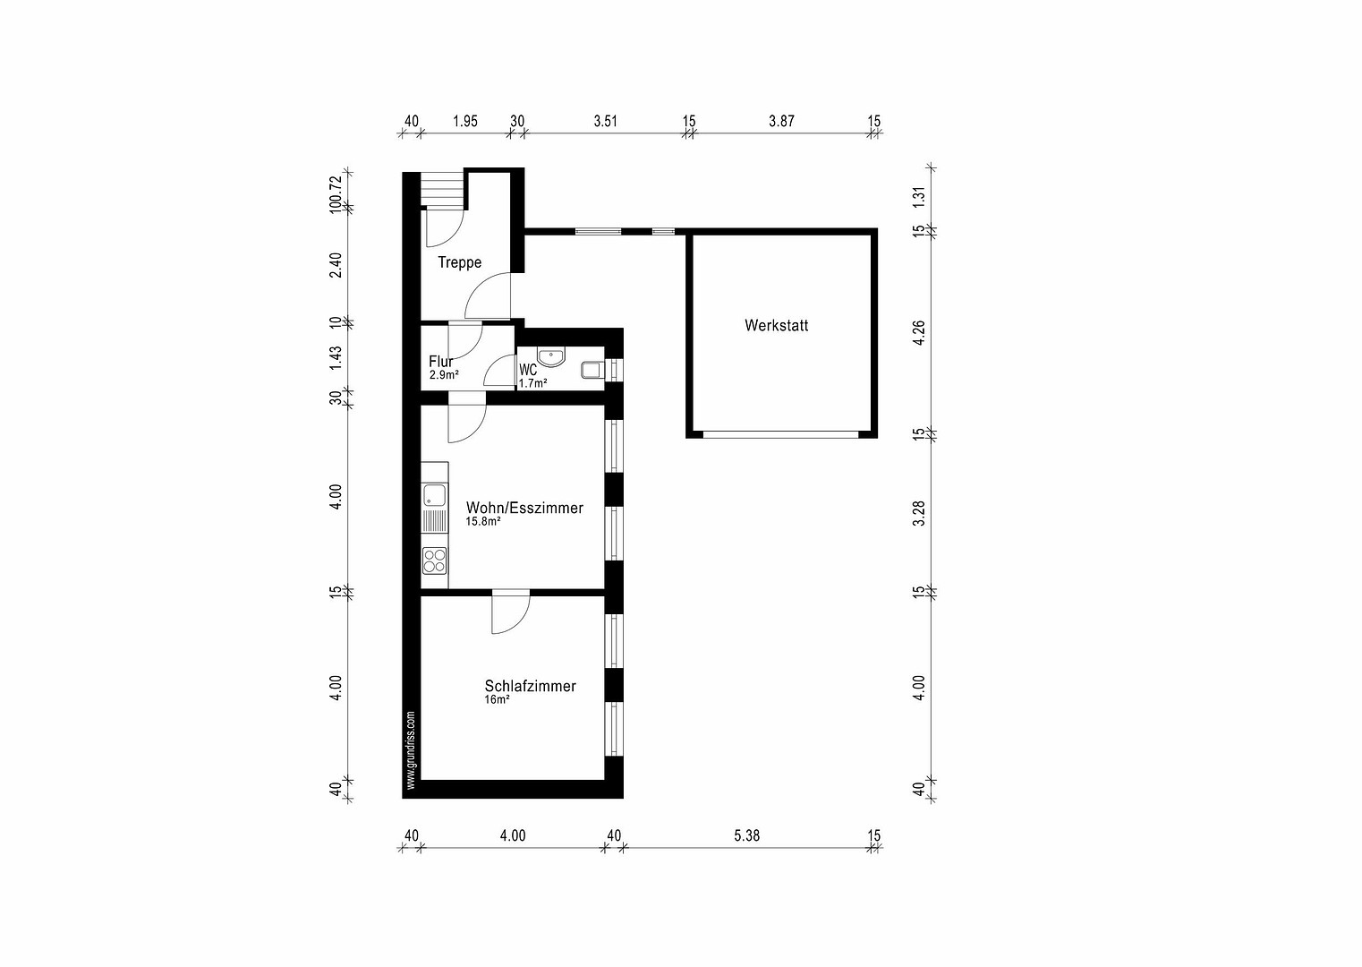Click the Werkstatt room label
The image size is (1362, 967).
tap(777, 326)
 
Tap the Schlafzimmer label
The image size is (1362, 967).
tap(530, 686)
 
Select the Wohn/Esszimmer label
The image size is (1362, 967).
tap(524, 508)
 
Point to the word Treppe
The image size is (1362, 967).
tap(460, 262)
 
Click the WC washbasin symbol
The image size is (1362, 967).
tap(551, 357)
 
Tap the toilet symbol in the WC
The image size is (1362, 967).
tap(592, 370)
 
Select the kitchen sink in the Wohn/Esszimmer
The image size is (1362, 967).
tap(434, 495)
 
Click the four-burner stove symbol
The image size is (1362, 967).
tap(434, 561)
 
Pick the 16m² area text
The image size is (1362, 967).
tap(497, 700)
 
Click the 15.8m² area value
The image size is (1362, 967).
tap(482, 521)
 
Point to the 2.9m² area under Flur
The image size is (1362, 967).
tap(444, 375)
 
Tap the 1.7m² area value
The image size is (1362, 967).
tap(532, 383)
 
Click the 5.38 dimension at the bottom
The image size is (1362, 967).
tap(746, 835)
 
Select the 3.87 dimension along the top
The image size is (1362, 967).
tap(781, 121)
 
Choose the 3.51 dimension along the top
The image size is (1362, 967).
tap(606, 121)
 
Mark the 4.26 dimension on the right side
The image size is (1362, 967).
tap(919, 333)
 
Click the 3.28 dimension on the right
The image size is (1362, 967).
tap(919, 513)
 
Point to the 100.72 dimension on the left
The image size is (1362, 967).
tap(335, 193)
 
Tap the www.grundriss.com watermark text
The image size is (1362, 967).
tap(411, 750)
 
